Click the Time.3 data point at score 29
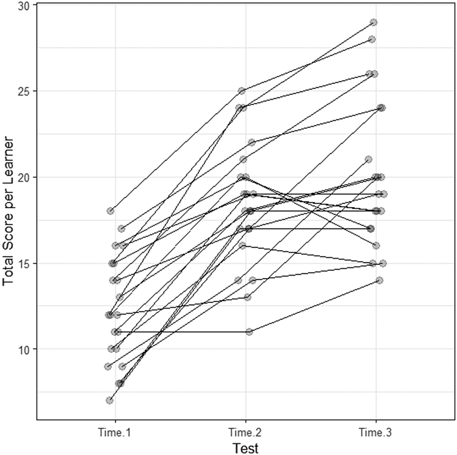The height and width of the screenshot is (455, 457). (373, 22)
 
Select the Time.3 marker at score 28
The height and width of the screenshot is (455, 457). (372, 39)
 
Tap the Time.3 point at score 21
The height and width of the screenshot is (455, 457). (368, 159)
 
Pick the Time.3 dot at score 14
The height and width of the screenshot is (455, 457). (379, 280)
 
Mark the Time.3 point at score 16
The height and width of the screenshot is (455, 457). (376, 246)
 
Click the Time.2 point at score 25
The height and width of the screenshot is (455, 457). (241, 91)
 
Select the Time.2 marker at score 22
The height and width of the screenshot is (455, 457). (252, 142)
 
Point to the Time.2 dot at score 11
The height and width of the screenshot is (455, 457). (249, 332)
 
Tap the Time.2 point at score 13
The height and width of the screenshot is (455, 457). (247, 297)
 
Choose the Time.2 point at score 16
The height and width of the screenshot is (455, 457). (243, 246)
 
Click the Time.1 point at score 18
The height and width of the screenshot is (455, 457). (110, 211)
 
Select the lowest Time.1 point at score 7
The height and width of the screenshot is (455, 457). (109, 400)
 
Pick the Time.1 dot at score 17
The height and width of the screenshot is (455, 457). (121, 228)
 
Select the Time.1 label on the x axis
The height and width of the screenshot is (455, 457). (115, 433)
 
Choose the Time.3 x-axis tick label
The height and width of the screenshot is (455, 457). (376, 433)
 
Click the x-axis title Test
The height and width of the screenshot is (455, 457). (245, 448)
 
